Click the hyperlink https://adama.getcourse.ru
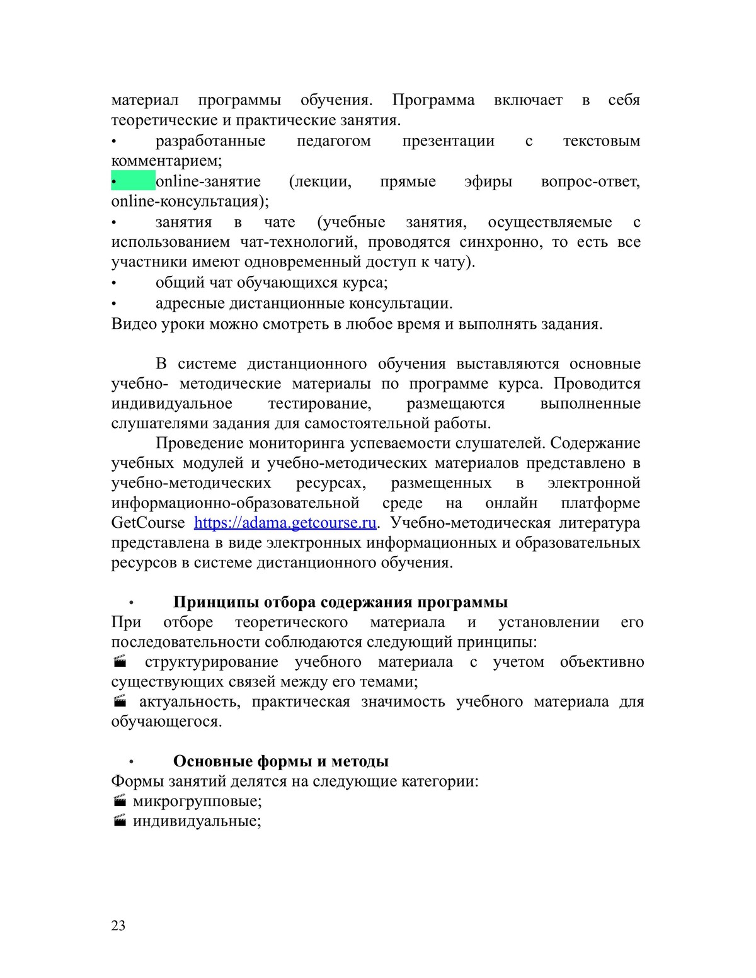pos(285,523)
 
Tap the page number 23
pos(118,925)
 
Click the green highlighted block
pos(134,181)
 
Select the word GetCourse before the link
pos(148,523)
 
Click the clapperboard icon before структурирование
pos(120,662)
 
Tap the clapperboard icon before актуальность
pos(120,702)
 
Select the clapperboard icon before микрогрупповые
pos(120,801)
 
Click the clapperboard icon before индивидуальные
pos(120,821)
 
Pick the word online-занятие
pos(208,181)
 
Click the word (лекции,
pos(320,181)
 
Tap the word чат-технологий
pos(299,242)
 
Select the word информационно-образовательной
pos(235,503)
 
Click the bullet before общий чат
pos(114,283)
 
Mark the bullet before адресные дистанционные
pos(114,304)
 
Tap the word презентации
pos(448,140)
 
